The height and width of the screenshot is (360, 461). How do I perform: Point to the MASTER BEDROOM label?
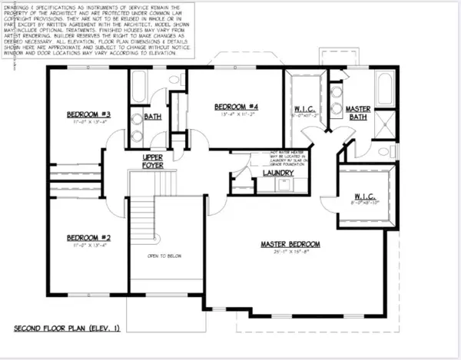pyautogui.click(x=290, y=244)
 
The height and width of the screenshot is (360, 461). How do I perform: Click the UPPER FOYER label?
pyautogui.click(x=152, y=160)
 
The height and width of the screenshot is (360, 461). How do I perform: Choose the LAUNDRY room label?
pyautogui.click(x=278, y=173)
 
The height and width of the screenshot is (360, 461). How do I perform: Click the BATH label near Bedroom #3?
pyautogui.click(x=152, y=117)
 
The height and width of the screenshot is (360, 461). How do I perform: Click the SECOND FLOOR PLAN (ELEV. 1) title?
pyautogui.click(x=68, y=328)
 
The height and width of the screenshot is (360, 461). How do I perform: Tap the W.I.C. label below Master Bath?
pyautogui.click(x=364, y=197)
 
